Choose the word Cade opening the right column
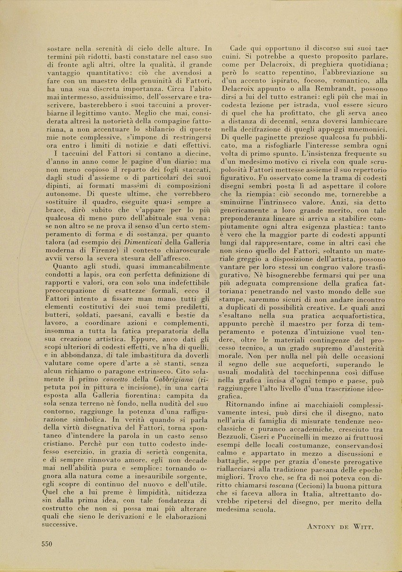[239, 49]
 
